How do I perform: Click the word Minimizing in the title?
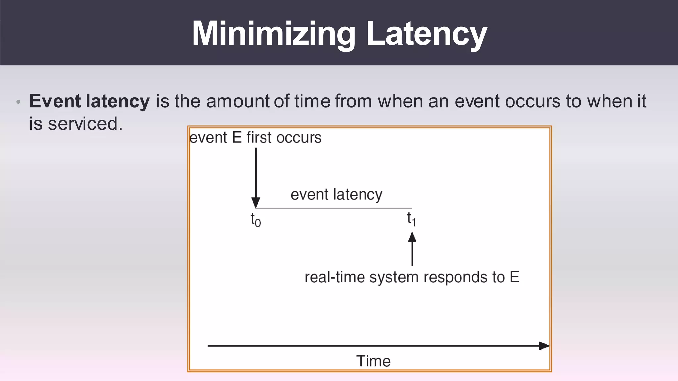click(273, 34)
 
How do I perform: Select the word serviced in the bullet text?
click(83, 124)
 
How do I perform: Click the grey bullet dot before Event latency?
click(19, 102)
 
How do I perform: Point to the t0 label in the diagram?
click(255, 220)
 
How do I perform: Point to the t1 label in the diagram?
click(412, 219)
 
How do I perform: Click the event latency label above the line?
click(336, 194)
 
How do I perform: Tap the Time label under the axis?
click(373, 361)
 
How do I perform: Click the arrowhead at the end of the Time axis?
click(544, 346)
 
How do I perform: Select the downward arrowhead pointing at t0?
click(256, 202)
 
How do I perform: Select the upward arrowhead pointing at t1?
click(412, 237)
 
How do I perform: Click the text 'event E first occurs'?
click(256, 138)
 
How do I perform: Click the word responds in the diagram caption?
click(456, 277)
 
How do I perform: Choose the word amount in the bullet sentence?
click(238, 101)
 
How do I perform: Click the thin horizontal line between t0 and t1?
click(334, 208)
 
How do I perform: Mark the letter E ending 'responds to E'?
click(514, 277)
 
